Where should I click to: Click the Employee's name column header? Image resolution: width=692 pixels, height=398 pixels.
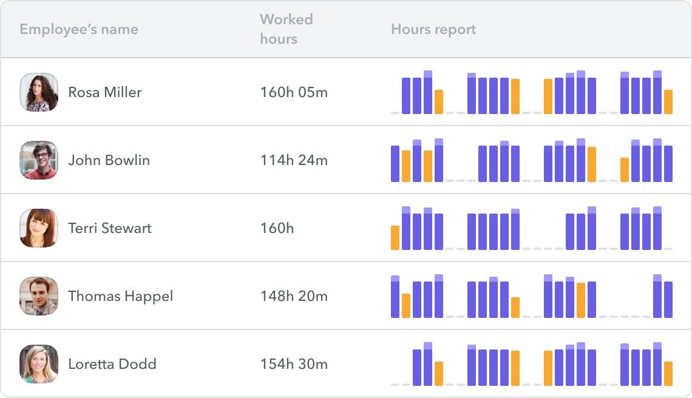(x=79, y=29)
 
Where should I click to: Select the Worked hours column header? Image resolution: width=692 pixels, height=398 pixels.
(x=287, y=29)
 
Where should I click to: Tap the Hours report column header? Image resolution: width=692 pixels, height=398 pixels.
(x=433, y=29)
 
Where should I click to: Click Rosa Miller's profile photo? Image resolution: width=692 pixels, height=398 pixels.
(x=39, y=92)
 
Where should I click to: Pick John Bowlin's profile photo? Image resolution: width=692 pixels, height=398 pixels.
(x=39, y=160)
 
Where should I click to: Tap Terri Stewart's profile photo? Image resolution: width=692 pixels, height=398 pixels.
(x=39, y=228)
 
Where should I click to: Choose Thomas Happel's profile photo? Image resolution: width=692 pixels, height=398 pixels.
(x=39, y=296)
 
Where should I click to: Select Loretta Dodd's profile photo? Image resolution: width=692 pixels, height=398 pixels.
(x=39, y=364)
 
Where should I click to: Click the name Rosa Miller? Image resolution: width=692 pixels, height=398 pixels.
(x=105, y=92)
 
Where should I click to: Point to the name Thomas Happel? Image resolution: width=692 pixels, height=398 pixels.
(x=120, y=296)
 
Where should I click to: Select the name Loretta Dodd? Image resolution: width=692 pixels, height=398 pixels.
(x=112, y=364)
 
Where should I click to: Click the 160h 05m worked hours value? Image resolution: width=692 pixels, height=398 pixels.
(x=294, y=92)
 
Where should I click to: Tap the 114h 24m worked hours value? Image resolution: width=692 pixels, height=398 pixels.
(x=294, y=160)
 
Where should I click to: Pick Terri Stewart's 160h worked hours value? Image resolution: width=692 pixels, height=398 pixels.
(x=277, y=228)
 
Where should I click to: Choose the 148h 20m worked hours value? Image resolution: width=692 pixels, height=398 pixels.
(x=294, y=296)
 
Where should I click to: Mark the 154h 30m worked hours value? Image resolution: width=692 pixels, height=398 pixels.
(x=294, y=364)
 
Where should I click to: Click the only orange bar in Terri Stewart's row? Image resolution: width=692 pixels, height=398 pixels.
(x=395, y=238)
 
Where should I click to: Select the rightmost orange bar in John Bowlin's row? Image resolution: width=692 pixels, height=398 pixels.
(x=625, y=170)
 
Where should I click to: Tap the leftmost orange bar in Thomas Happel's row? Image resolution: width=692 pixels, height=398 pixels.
(x=406, y=306)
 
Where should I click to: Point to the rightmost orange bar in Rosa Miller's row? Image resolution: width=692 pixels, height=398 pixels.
(x=668, y=102)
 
